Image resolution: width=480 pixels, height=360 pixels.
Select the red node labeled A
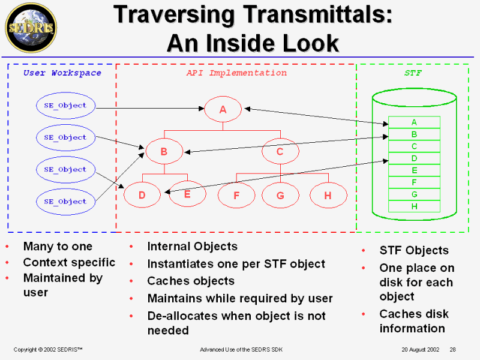click(223, 109)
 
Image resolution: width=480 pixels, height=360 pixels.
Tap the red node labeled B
click(164, 152)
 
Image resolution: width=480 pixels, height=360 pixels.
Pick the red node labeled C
click(280, 152)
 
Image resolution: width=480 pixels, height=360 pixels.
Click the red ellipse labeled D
click(142, 194)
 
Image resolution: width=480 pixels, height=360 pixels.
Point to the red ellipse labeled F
click(236, 195)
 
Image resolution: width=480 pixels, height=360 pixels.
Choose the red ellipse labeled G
click(280, 195)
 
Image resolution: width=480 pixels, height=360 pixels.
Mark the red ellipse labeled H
click(328, 195)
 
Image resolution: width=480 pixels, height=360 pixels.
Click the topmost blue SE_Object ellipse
click(65, 105)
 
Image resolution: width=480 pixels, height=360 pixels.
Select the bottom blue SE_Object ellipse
click(65, 202)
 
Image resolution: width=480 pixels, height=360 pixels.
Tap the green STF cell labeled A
click(414, 122)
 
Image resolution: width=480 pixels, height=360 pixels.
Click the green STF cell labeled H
click(414, 206)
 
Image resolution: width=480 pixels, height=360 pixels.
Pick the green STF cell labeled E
click(414, 170)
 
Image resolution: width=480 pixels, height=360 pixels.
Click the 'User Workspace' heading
click(62, 73)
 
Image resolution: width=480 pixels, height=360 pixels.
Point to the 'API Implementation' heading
click(236, 73)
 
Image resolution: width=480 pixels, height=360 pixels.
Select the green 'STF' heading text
click(413, 73)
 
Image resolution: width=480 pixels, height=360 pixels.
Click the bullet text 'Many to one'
click(58, 246)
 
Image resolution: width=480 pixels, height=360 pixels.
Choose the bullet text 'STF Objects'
click(414, 250)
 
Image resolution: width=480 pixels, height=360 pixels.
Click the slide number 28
click(453, 349)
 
